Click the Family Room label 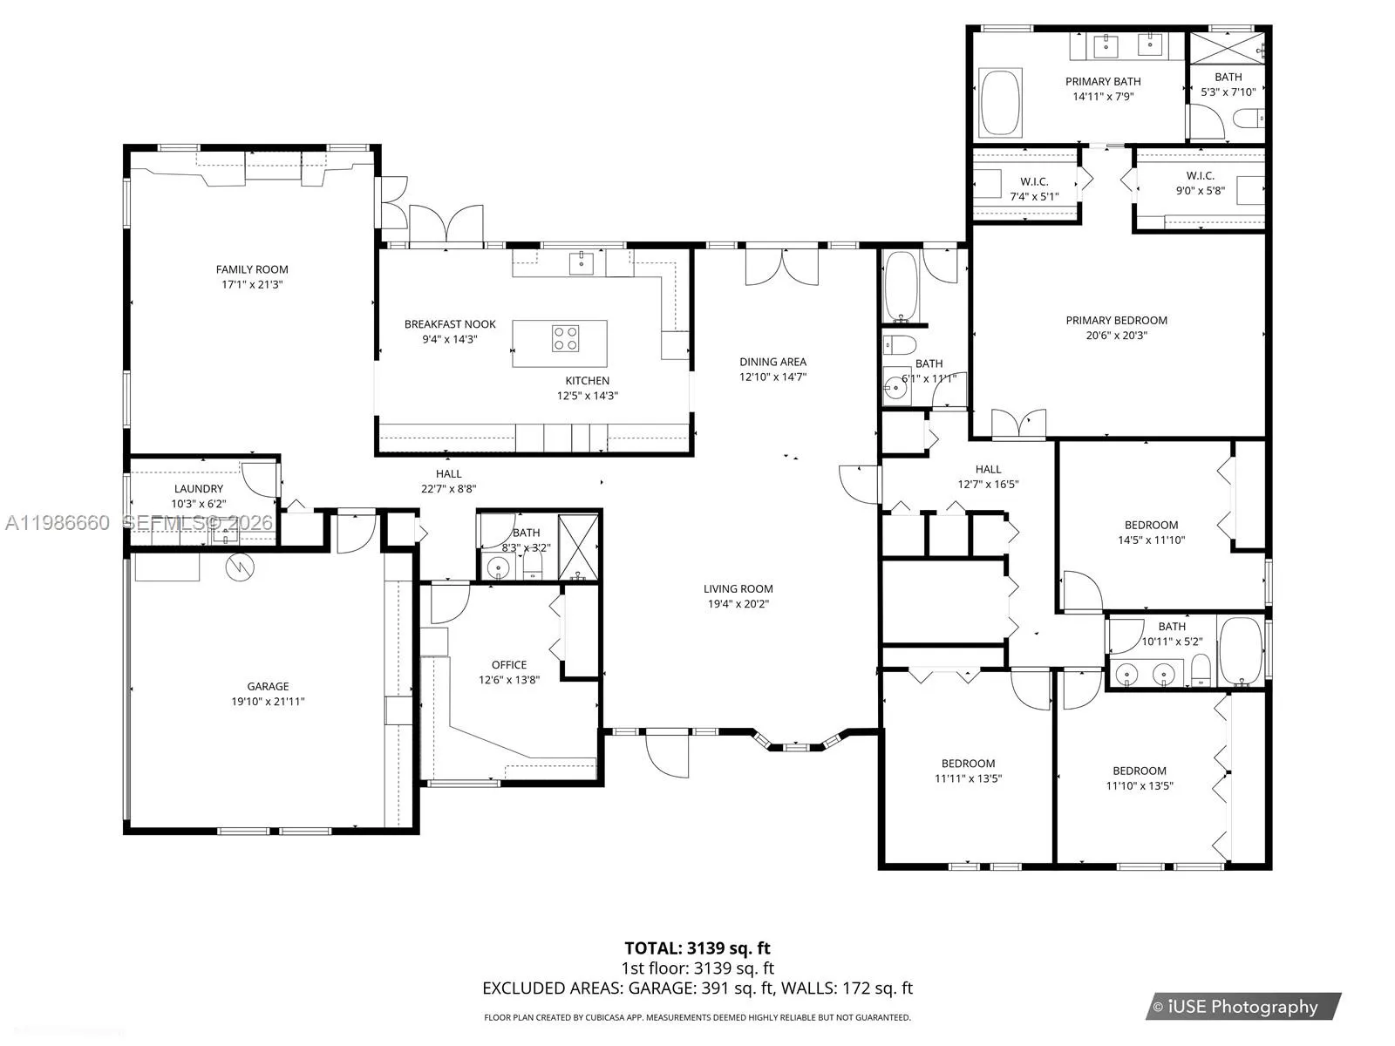(x=252, y=270)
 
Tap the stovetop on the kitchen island (x=565, y=338)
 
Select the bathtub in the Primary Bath (x=1000, y=104)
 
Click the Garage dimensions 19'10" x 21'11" (x=268, y=701)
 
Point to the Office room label (x=508, y=665)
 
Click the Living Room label (x=738, y=589)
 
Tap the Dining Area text (x=772, y=362)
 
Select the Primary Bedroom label (x=1116, y=321)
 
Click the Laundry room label (x=199, y=489)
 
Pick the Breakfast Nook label (x=450, y=324)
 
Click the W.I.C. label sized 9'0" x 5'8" (x=1200, y=176)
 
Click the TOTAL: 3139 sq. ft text (x=697, y=948)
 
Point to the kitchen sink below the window (x=582, y=261)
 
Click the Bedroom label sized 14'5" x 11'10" (x=1151, y=526)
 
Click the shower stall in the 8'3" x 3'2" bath (x=578, y=547)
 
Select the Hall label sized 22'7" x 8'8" (x=448, y=474)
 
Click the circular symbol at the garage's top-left (x=239, y=567)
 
